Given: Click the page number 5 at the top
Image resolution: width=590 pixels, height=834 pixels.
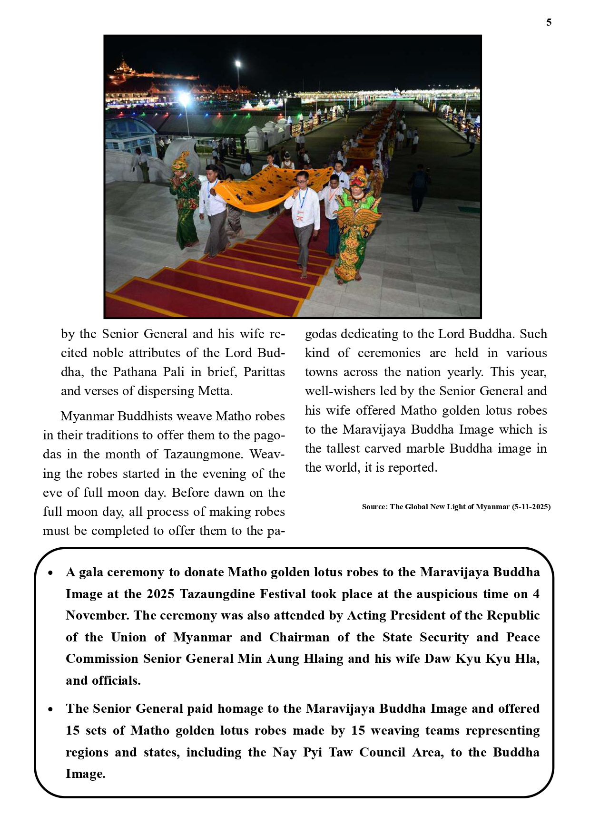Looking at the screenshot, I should point(549,22).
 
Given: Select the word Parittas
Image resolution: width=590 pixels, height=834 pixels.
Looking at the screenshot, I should point(264,372).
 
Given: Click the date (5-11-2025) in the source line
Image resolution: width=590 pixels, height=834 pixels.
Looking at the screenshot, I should point(531,507).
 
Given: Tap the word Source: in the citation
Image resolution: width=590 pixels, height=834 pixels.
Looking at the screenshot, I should point(374,507).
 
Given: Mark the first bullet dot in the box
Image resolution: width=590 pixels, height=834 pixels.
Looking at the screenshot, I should point(51,572).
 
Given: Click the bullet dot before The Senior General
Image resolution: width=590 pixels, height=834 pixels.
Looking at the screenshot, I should point(51,709).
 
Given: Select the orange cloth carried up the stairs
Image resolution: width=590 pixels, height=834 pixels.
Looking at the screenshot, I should point(266,185).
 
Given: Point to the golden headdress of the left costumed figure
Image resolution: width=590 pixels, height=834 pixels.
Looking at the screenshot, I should point(180,161).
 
